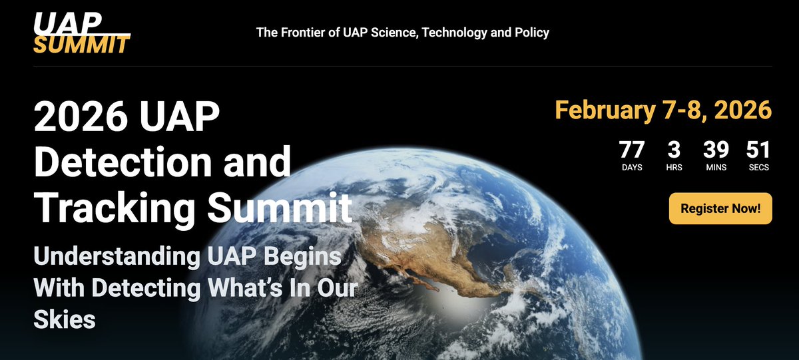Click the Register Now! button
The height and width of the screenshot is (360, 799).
(720, 208)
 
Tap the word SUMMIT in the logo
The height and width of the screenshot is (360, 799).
(81, 45)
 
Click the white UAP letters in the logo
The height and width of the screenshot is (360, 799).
(67, 22)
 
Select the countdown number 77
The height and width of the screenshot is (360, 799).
(632, 150)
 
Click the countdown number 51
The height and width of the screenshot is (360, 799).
(758, 150)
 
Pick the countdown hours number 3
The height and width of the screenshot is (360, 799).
(674, 150)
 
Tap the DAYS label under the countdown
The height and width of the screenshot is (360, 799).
(632, 168)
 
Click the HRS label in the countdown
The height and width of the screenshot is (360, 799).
(674, 168)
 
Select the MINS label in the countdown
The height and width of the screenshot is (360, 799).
(716, 168)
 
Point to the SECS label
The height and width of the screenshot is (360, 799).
(758, 168)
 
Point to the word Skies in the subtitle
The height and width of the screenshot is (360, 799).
(65, 319)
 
